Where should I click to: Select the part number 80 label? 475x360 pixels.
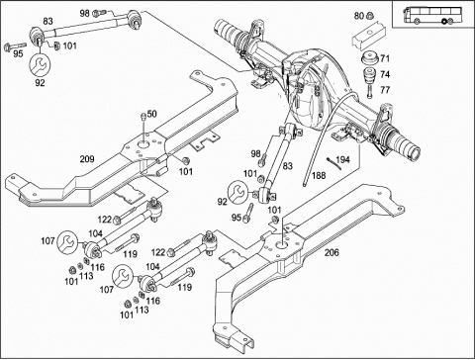click(359, 16)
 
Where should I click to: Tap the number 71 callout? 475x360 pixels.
click(385, 58)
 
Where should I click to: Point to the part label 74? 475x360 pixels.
click(385, 74)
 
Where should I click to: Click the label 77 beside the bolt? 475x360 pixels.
click(385, 90)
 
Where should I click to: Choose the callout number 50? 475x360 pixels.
click(151, 114)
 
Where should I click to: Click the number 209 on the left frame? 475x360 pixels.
click(87, 159)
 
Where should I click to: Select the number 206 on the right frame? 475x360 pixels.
click(332, 252)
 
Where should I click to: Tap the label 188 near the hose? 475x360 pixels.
click(319, 175)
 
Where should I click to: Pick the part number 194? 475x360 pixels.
click(342, 159)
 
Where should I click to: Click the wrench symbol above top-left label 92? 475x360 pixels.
click(40, 65)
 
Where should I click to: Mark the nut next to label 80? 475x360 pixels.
click(370, 15)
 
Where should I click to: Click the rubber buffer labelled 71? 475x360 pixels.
click(370, 59)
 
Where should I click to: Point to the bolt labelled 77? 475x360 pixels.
click(369, 91)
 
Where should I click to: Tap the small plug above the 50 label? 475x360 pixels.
click(143, 116)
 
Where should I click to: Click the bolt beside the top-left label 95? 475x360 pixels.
click(15, 46)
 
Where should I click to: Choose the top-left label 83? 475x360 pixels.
click(47, 21)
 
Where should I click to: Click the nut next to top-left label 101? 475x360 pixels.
click(56, 45)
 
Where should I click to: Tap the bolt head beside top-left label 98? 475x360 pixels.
click(97, 13)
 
